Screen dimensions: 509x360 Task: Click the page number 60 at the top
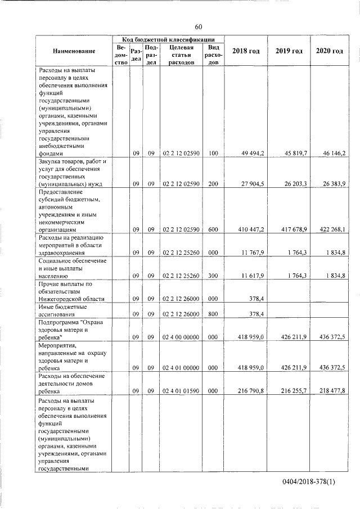198,27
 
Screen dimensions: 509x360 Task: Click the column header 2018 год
246,52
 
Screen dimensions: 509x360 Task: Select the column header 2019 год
289,52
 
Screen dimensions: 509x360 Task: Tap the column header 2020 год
330,52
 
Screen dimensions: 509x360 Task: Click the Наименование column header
74,52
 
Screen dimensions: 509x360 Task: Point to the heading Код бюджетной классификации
168,40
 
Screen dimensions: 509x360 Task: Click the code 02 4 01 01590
181,390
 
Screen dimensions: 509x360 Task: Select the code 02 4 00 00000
181,337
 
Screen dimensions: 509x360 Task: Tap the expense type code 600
213,229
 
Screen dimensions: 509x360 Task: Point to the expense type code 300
213,276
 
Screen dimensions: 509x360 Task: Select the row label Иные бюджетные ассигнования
62,310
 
